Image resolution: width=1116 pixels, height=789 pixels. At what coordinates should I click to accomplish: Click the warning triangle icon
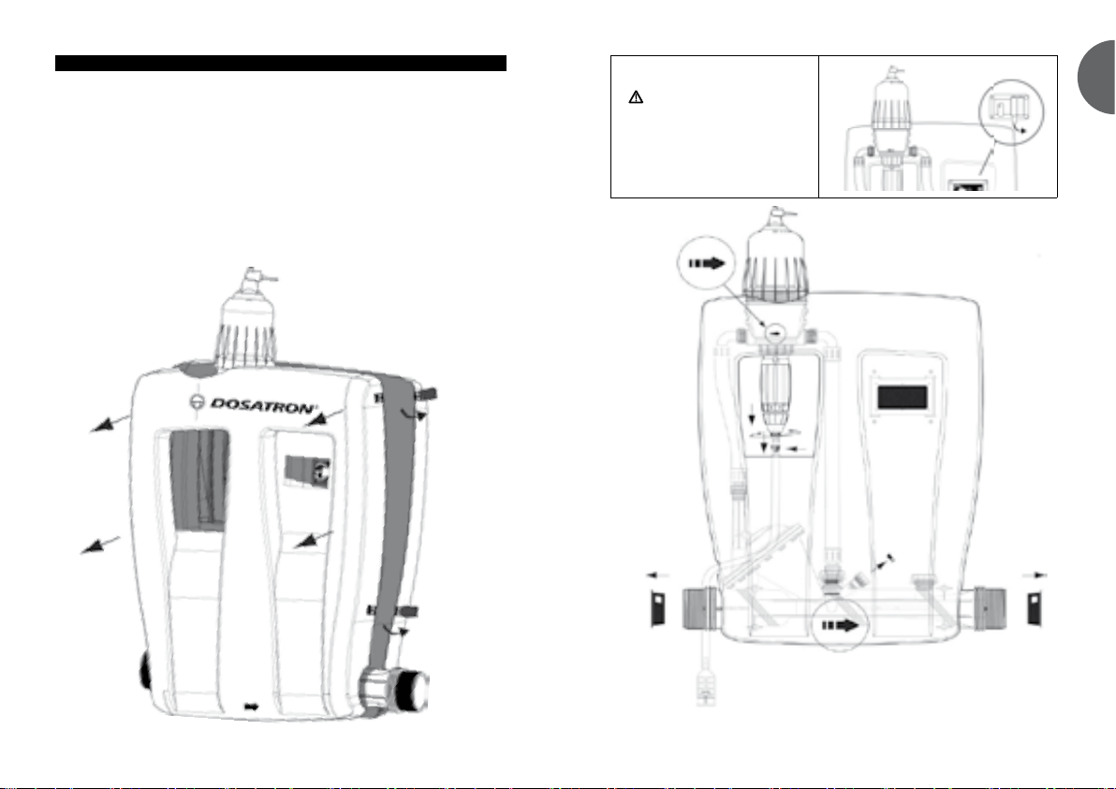[x=636, y=97]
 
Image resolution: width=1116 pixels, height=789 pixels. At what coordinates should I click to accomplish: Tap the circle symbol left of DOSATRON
[x=198, y=402]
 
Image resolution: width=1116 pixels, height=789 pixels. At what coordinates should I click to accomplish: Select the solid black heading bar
[x=281, y=64]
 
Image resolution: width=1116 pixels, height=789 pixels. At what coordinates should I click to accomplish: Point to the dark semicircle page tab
[x=1096, y=77]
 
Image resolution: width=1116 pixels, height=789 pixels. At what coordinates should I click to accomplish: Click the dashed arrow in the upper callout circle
[x=706, y=263]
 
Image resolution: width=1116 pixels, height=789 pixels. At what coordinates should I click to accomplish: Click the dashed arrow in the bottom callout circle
[x=841, y=626]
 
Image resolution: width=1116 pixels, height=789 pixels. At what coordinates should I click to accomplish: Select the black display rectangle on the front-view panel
[x=903, y=397]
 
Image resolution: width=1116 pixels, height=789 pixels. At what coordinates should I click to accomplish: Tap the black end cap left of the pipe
[x=657, y=609]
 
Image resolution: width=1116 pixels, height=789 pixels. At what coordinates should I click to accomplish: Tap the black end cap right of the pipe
[x=1035, y=609]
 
